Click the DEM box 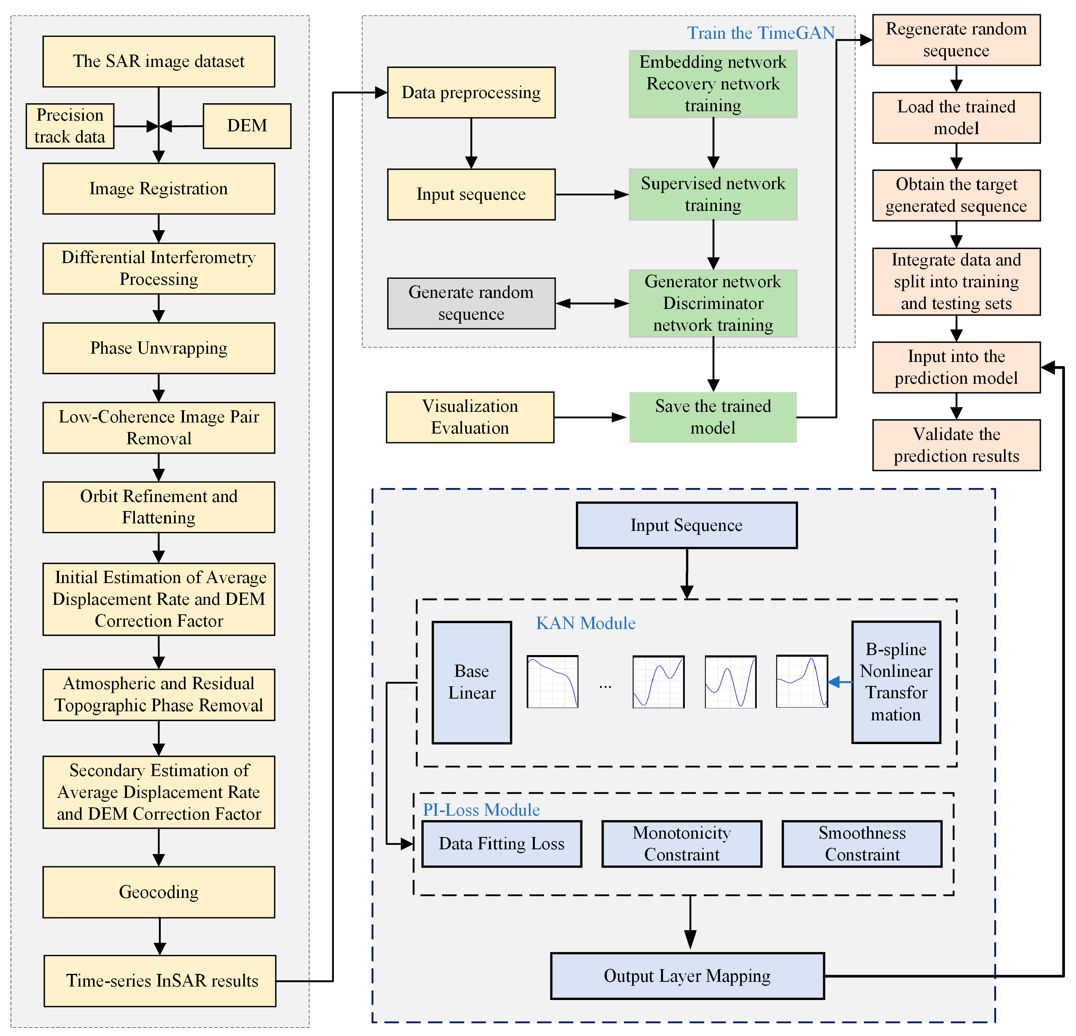click(247, 126)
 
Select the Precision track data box click(70, 126)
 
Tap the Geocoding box click(159, 892)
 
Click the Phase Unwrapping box click(159, 348)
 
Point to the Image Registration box click(159, 188)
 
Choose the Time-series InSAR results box click(160, 981)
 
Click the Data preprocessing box click(471, 92)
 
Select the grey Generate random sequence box click(471, 303)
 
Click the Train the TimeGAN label click(761, 33)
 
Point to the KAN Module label click(586, 623)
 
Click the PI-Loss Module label click(481, 810)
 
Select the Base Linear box click(472, 682)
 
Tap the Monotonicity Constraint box click(682, 844)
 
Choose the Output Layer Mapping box click(687, 975)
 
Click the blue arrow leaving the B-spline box click(840, 682)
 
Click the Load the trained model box click(956, 117)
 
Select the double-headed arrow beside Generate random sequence click(592, 303)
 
